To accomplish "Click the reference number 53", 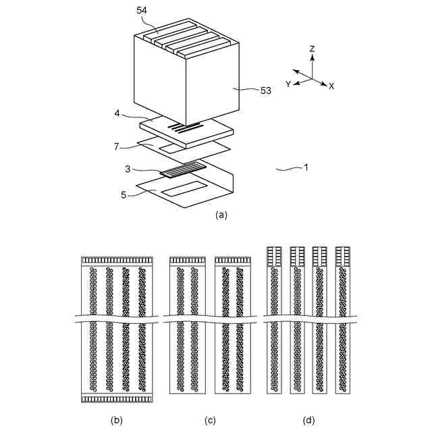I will tap(263, 90).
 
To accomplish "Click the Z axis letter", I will tap(312, 49).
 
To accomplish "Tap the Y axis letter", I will tap(288, 84).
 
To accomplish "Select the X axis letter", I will tap(331, 87).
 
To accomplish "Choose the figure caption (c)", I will tap(211, 420).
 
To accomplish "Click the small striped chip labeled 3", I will tap(182, 169).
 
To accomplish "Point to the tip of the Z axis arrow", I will tap(311, 56).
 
